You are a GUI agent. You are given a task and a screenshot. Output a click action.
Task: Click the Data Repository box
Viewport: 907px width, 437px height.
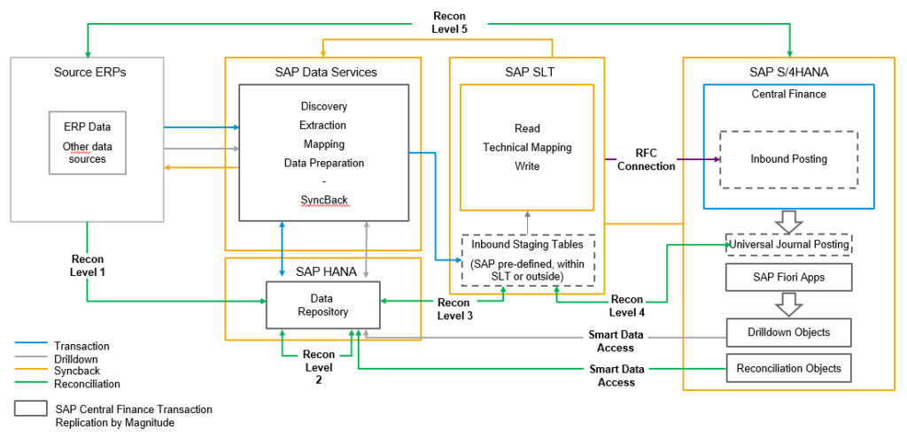[323, 305]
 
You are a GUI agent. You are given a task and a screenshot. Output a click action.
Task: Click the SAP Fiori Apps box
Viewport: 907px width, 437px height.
[787, 277]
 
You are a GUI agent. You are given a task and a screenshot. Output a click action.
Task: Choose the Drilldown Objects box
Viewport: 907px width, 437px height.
[788, 332]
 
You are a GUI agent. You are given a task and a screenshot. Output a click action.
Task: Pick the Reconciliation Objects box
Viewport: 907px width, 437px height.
[788, 368]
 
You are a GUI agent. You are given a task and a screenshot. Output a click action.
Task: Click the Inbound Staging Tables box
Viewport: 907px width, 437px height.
[528, 259]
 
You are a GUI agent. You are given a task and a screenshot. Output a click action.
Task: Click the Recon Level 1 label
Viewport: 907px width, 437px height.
[89, 265]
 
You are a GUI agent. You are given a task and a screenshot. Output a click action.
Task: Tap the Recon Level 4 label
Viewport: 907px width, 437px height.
[626, 306]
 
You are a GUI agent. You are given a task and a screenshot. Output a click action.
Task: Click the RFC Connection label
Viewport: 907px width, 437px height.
[646, 159]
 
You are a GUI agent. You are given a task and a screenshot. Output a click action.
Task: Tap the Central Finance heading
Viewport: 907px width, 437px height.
[787, 94]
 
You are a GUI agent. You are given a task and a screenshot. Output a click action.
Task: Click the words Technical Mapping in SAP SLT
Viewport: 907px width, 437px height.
[527, 147]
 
